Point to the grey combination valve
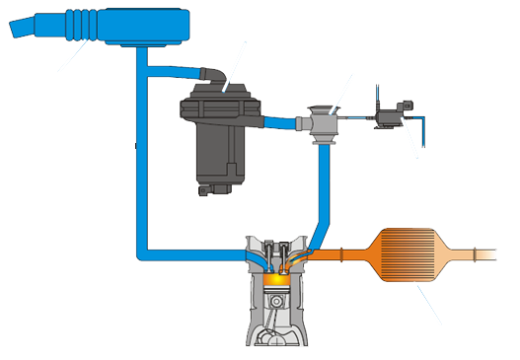321,122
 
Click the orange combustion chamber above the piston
278,280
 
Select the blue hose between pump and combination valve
287,122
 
